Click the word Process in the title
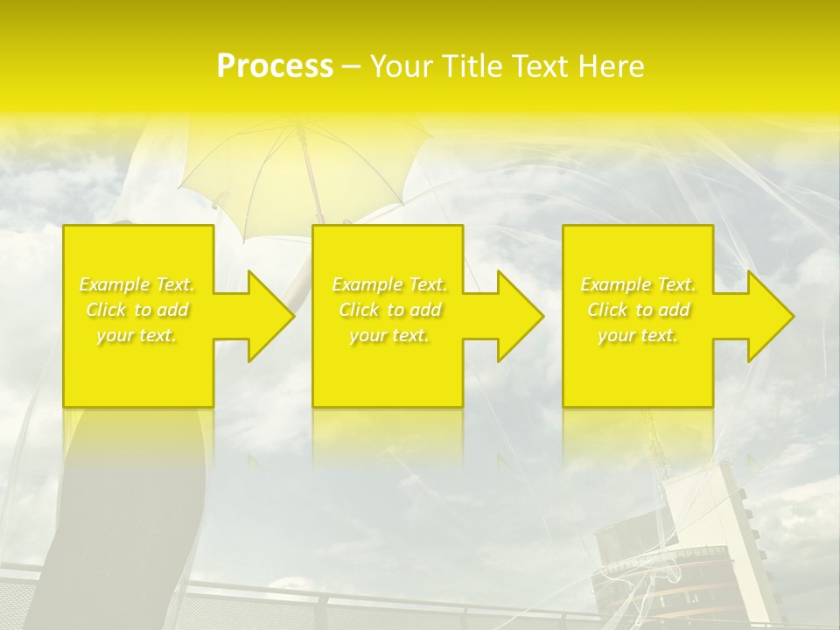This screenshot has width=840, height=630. (x=275, y=66)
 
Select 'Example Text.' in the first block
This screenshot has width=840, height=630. (x=136, y=284)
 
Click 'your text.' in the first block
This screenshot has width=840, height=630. (x=136, y=335)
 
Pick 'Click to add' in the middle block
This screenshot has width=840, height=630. (x=389, y=310)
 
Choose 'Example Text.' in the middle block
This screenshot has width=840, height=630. (x=389, y=284)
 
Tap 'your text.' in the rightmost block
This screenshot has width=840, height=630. (x=638, y=335)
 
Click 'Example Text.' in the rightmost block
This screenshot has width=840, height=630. (x=638, y=284)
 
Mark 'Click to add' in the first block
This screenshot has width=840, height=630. (x=136, y=310)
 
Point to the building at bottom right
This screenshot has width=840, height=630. (x=700, y=542)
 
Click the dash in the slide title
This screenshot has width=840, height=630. (x=352, y=66)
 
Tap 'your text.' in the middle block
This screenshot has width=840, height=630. (x=389, y=335)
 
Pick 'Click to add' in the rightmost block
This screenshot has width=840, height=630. (x=638, y=310)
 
